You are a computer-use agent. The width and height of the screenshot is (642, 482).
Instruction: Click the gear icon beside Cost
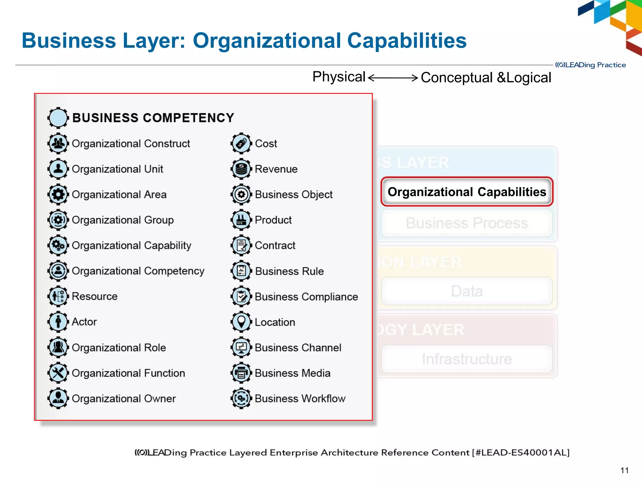[x=241, y=144]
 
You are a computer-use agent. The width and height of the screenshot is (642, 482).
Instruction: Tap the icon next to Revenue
[x=241, y=169]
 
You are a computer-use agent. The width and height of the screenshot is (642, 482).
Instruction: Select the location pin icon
[x=241, y=322]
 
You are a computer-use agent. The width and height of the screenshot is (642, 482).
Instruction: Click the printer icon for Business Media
[x=241, y=373]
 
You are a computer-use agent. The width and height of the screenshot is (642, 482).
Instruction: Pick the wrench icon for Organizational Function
[x=58, y=373]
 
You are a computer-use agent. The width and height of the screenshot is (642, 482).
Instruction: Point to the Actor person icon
[x=58, y=322]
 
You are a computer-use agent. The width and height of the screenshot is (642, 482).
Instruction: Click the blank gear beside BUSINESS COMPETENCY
[x=58, y=118]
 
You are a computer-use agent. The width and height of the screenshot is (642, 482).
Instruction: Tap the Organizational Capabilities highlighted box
[x=467, y=192]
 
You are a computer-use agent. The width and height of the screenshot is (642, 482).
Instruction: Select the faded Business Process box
[x=467, y=223]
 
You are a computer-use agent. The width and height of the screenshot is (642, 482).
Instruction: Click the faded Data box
[x=467, y=291]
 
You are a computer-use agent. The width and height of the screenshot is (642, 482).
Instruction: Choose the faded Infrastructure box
[x=467, y=359]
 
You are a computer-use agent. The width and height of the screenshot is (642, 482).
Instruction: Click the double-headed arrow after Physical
[x=393, y=78]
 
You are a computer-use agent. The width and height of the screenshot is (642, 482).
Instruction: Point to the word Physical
[x=339, y=77]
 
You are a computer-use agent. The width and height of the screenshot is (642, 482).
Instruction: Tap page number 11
[x=624, y=470]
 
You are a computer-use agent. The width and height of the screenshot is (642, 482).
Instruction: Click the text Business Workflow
[x=300, y=399]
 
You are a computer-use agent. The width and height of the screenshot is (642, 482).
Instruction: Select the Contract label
[x=275, y=245]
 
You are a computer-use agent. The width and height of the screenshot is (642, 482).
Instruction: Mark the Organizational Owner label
[x=124, y=399]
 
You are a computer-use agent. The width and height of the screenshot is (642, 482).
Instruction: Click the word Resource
[x=95, y=296]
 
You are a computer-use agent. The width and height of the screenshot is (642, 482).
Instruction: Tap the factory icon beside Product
[x=241, y=220]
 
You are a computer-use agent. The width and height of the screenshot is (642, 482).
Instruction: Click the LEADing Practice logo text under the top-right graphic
[x=591, y=65]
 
